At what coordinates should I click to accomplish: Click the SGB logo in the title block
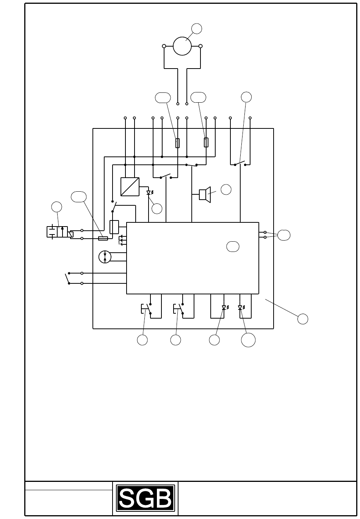point(146,497)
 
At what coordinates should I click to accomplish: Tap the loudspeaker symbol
point(205,194)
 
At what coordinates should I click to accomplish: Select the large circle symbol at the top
point(182,46)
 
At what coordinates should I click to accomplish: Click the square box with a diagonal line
point(130,186)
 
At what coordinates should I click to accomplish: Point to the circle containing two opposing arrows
point(105,257)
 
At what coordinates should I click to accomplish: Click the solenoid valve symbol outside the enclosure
point(60,232)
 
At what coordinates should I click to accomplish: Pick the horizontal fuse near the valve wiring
point(103,238)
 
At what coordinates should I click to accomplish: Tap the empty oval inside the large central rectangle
point(233,247)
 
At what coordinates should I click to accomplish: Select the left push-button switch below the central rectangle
point(147,309)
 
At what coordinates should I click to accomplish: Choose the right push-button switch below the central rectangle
point(179,309)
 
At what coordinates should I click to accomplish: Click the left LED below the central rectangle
point(225,308)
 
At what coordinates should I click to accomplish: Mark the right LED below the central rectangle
point(241,308)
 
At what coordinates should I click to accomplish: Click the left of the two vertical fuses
point(178,143)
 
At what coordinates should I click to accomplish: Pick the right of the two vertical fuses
point(206,142)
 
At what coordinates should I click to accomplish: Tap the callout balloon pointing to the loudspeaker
point(226,189)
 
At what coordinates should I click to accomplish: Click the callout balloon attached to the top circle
point(197,29)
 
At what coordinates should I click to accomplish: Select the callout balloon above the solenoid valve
point(56,207)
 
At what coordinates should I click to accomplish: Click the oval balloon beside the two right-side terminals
point(284,235)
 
